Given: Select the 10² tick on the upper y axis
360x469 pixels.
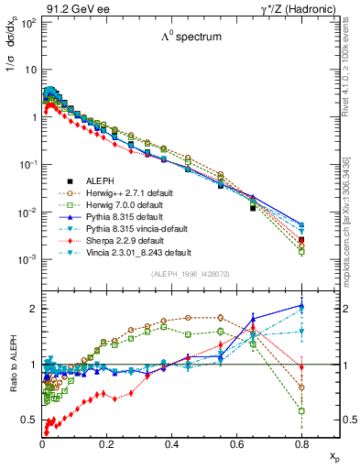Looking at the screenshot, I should [27, 22].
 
